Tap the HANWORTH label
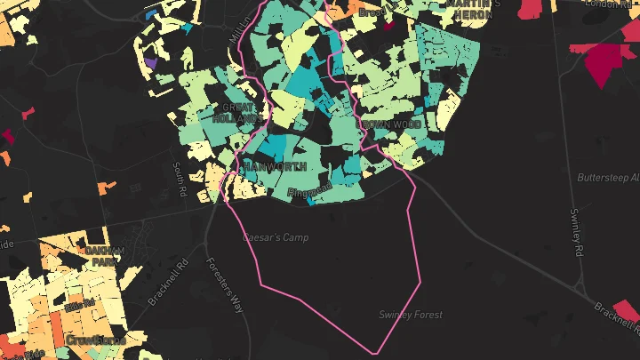(274, 166)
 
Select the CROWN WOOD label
(390, 125)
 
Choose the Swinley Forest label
(410, 315)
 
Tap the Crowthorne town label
(95, 340)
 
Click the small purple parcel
(150, 64)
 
